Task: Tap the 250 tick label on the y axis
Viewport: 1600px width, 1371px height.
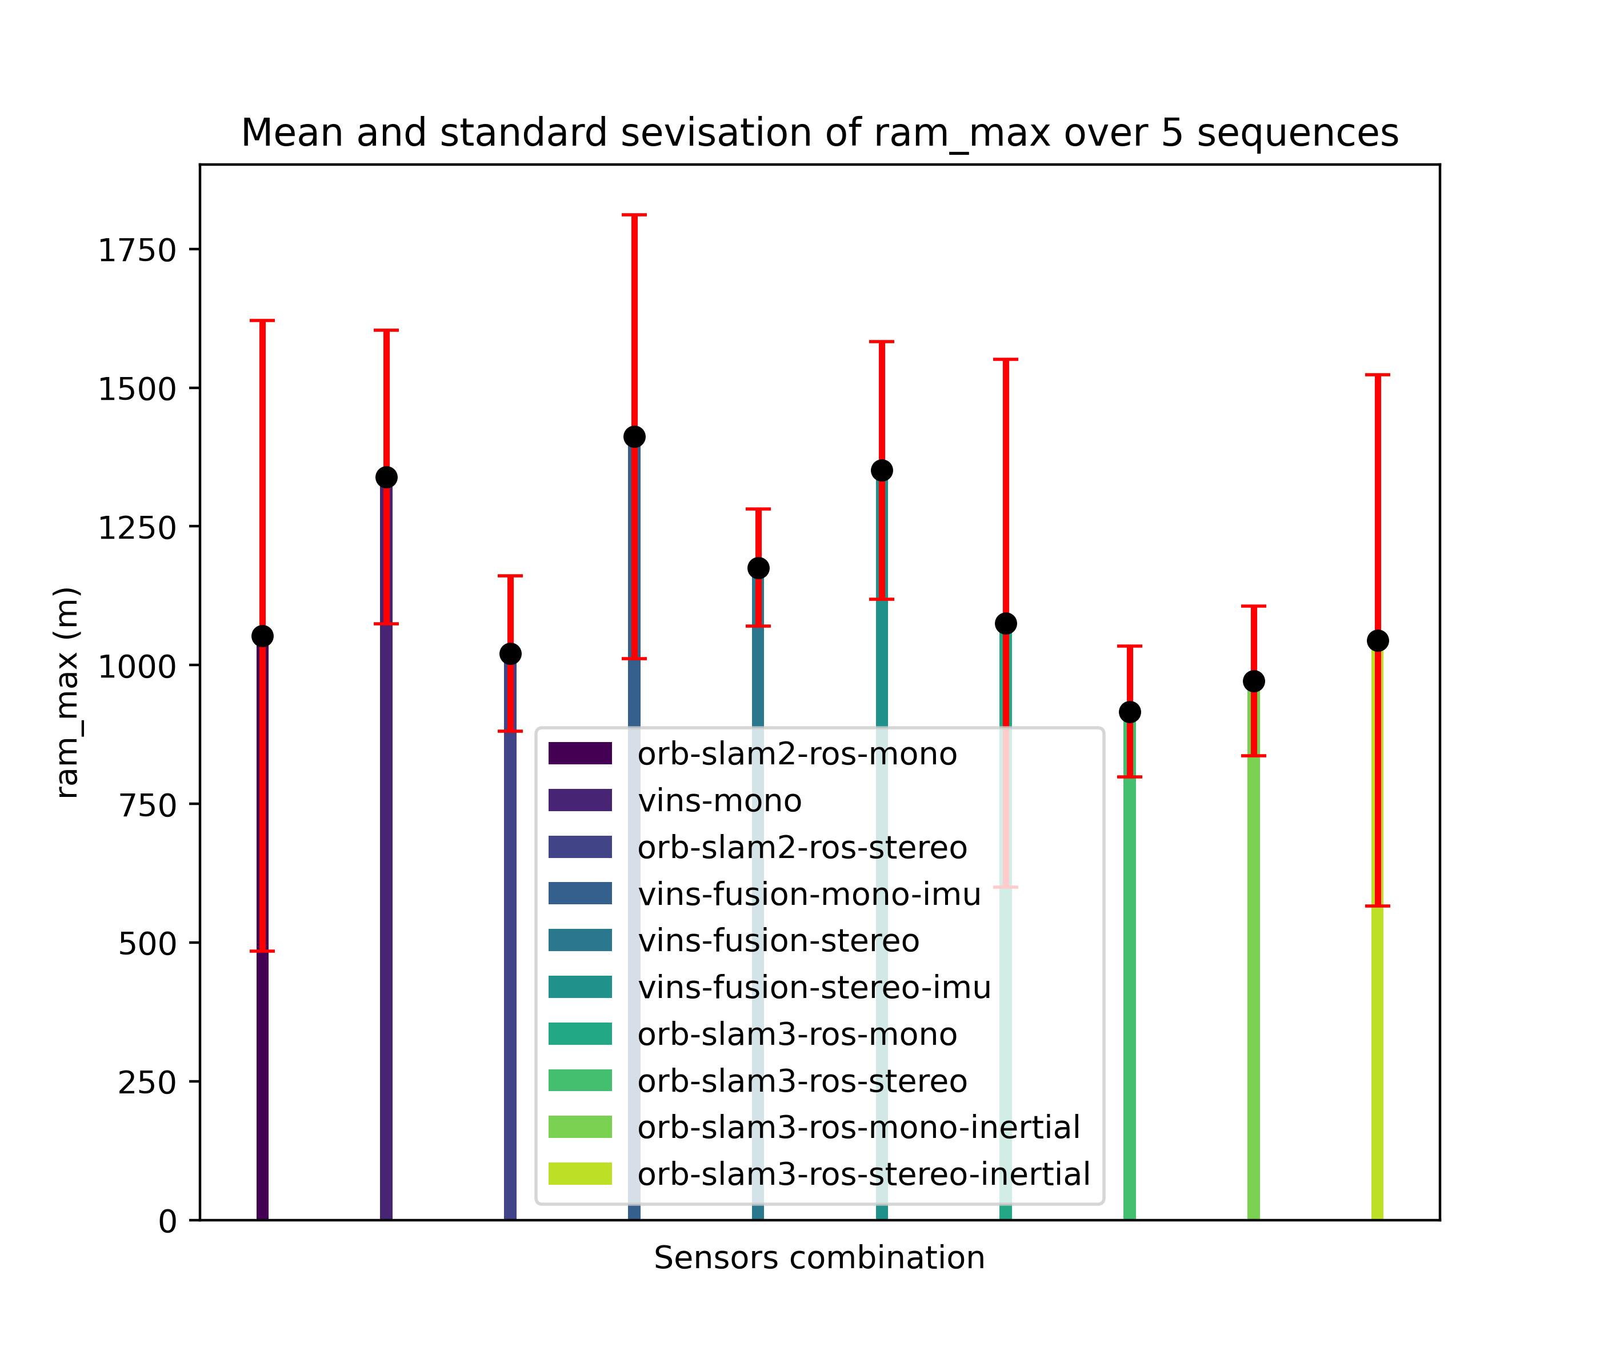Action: [x=147, y=1081]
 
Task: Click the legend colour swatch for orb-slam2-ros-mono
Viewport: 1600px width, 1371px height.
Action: [x=580, y=753]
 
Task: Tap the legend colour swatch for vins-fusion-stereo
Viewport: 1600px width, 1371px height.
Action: [x=580, y=940]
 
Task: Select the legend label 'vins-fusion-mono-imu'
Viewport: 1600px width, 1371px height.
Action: [x=809, y=894]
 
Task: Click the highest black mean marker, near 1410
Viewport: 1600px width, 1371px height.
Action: [x=634, y=437]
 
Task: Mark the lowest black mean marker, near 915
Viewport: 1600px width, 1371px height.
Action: [x=1130, y=712]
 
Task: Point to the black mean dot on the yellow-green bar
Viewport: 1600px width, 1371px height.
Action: [x=1378, y=641]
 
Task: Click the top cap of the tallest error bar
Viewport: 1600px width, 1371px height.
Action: [x=634, y=215]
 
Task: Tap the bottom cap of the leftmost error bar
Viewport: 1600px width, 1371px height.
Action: [x=262, y=951]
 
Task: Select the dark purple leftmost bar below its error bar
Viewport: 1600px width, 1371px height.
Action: [x=262, y=1081]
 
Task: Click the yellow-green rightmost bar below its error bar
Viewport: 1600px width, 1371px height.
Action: [x=1378, y=1065]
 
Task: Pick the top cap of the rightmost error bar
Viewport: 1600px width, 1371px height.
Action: [x=1378, y=375]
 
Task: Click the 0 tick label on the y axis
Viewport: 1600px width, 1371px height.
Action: [x=167, y=1220]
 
